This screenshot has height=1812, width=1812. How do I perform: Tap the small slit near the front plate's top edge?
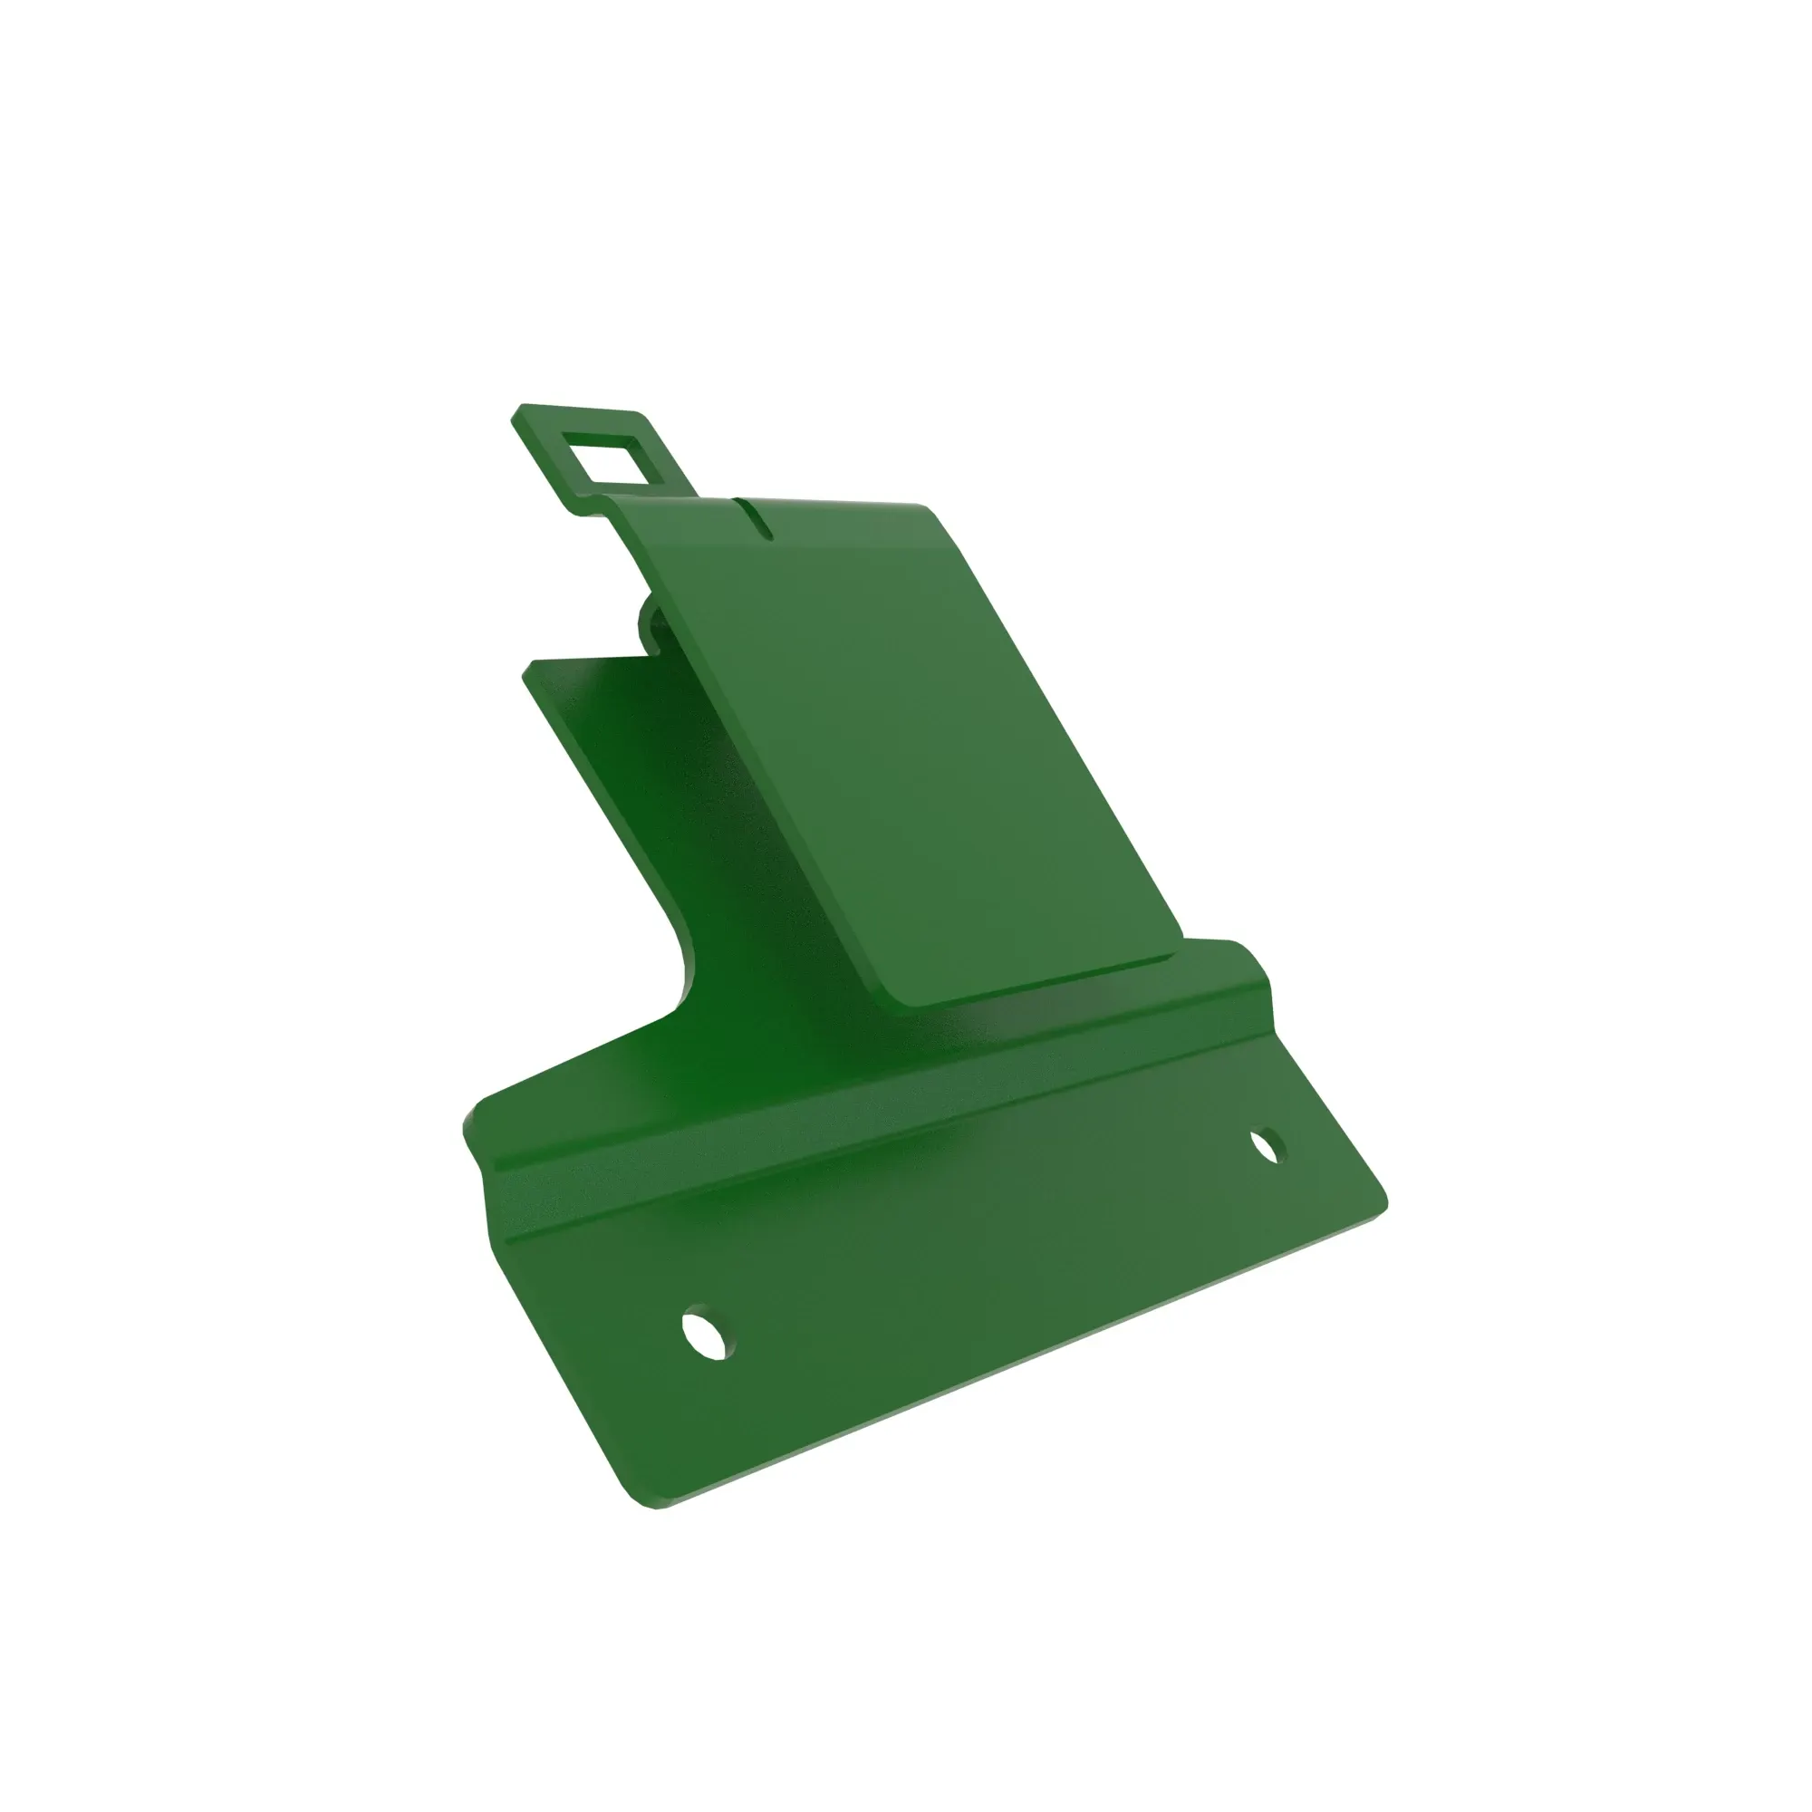pyautogui.click(x=755, y=519)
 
